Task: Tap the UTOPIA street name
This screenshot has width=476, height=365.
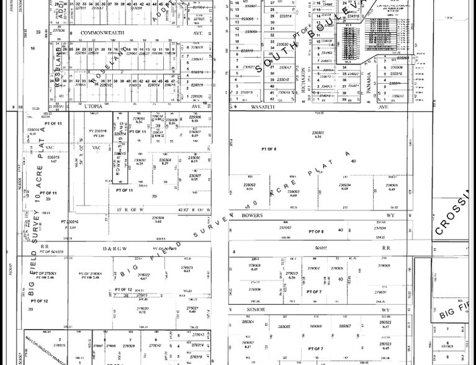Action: pyautogui.click(x=93, y=107)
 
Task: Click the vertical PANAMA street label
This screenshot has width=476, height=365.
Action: pyautogui.click(x=369, y=84)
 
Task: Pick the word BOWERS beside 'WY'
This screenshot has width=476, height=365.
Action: pyautogui.click(x=252, y=215)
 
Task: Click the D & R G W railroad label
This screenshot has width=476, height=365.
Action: pyautogui.click(x=115, y=248)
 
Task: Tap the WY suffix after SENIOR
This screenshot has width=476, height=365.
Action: pyautogui.click(x=385, y=309)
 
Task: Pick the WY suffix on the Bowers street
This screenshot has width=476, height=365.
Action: pyautogui.click(x=390, y=215)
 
